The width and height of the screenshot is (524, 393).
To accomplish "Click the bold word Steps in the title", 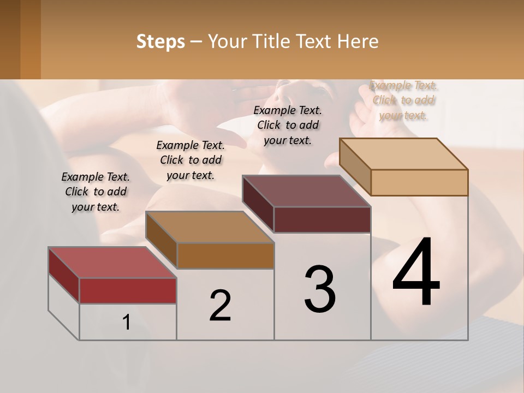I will pyautogui.click(x=160, y=41).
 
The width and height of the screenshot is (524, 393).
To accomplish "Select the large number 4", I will pyautogui.click(x=416, y=273).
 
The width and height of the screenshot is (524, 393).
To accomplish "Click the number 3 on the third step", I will pyautogui.click(x=320, y=289).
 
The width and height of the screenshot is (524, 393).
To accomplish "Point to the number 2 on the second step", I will pyautogui.click(x=221, y=306).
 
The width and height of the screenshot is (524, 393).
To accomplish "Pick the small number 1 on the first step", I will pyautogui.click(x=127, y=323).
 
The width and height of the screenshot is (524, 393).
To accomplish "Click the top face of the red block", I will pyautogui.click(x=112, y=263).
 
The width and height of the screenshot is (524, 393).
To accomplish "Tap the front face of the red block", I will pyautogui.click(x=128, y=290).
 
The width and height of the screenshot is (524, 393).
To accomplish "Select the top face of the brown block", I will pyautogui.click(x=210, y=227).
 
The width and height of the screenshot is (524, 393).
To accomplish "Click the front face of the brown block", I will pyautogui.click(x=225, y=255).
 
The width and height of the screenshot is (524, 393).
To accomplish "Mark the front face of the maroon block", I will pyautogui.click(x=322, y=219).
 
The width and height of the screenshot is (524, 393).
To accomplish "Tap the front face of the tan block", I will pyautogui.click(x=419, y=182).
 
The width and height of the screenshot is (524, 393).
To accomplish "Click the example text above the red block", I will pyautogui.click(x=96, y=192).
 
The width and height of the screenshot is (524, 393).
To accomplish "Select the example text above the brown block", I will pyautogui.click(x=190, y=160).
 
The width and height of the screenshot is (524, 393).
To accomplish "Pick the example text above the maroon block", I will pyautogui.click(x=288, y=125).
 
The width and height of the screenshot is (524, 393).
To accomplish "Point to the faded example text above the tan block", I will pyautogui.click(x=403, y=100).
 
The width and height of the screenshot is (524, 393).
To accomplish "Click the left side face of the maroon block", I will pyautogui.click(x=258, y=204).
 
